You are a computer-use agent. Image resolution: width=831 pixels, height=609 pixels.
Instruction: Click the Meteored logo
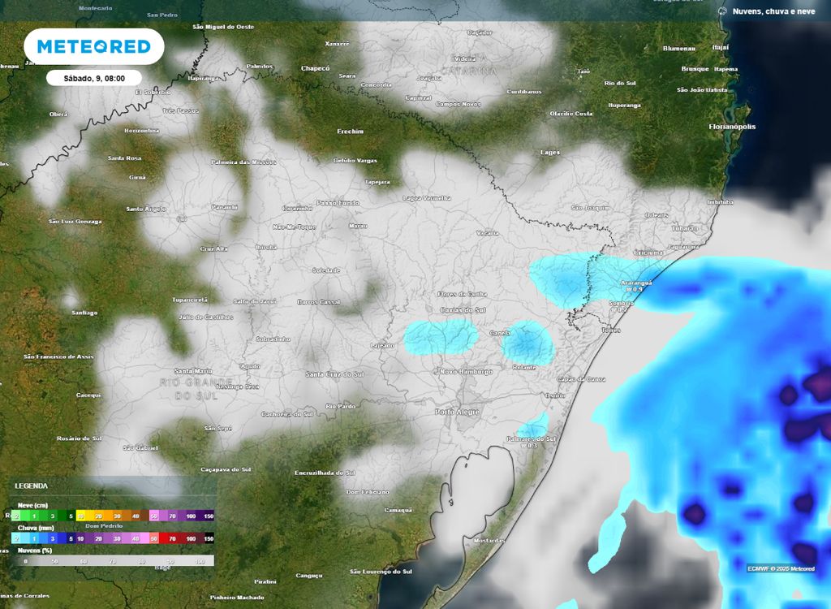tap(94, 46)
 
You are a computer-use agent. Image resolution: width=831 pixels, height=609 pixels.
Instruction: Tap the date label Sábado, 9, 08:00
tap(94, 78)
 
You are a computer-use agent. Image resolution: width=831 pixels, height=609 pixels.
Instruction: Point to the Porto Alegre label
tap(458, 412)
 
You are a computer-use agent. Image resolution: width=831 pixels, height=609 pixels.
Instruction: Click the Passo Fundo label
tap(337, 202)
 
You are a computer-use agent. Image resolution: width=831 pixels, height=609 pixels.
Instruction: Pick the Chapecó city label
tap(316, 68)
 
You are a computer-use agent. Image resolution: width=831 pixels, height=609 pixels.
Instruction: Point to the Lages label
tap(550, 152)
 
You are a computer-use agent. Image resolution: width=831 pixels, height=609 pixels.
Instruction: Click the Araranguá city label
tap(636, 283)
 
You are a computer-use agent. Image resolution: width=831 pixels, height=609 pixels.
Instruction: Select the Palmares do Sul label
tap(536, 439)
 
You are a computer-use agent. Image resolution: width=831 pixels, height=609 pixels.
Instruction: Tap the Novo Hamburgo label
tap(465, 371)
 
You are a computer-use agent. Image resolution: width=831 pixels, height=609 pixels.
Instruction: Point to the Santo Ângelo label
tap(146, 209)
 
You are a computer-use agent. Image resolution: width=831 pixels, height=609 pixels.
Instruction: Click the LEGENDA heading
tap(31, 486)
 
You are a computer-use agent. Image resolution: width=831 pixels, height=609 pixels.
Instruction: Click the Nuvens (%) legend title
tap(34, 550)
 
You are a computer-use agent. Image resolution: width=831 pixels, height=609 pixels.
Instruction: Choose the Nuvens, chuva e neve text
tap(773, 11)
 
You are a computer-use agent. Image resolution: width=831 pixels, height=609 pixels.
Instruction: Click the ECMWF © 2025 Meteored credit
tap(781, 568)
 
